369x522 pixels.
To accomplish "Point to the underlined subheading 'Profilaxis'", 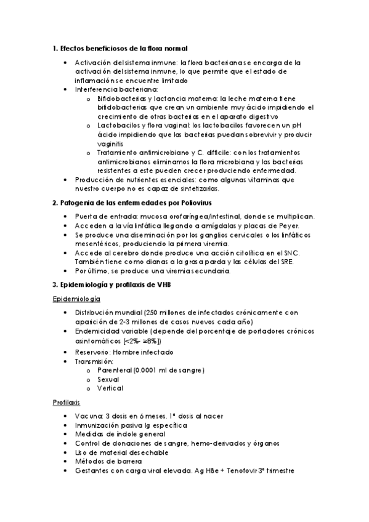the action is (67, 403).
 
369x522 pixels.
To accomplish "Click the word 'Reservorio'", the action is (95, 352).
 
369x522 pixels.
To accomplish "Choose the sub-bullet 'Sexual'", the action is (108, 379).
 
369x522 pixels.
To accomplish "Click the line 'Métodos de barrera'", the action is (108, 462).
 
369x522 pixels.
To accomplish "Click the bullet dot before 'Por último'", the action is (66, 271).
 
